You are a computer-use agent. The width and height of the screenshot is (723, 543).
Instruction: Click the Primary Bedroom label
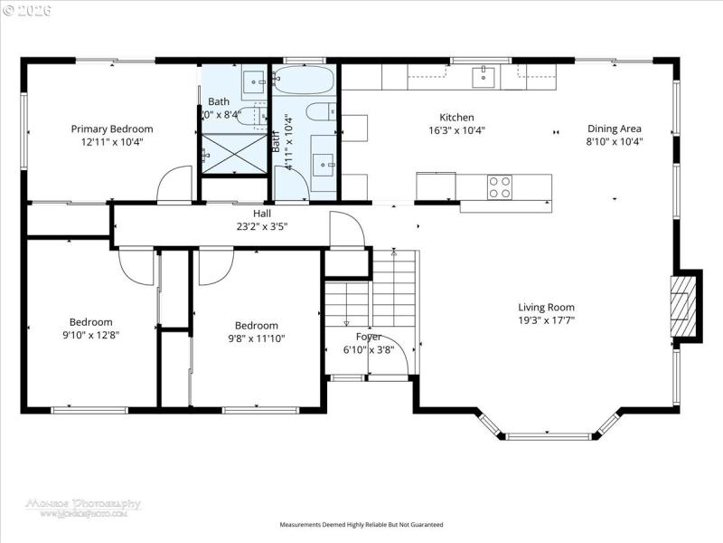(112, 129)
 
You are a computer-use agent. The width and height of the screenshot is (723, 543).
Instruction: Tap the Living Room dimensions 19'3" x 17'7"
(546, 319)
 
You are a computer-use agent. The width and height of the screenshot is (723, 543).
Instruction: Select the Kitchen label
(456, 117)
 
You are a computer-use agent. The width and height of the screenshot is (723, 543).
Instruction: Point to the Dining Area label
(615, 129)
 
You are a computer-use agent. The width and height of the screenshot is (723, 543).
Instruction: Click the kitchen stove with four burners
(500, 186)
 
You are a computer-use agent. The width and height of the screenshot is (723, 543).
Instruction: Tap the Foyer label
(368, 337)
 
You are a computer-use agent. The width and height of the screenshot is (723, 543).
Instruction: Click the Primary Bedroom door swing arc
(172, 185)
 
